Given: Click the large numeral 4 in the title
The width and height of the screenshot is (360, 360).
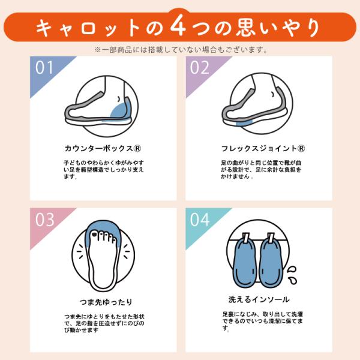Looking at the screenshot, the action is pyautogui.click(x=178, y=25).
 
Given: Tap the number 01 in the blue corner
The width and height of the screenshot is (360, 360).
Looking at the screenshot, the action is pyautogui.click(x=44, y=67).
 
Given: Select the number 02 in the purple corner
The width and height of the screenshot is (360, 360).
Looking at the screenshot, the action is pyautogui.click(x=200, y=67).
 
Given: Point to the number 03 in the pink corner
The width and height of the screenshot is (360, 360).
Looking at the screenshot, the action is pyautogui.click(x=45, y=220).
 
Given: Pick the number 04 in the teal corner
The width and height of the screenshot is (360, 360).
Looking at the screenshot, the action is pyautogui.click(x=200, y=220).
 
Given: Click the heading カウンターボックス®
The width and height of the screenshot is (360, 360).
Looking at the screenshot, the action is pyautogui.click(x=103, y=148).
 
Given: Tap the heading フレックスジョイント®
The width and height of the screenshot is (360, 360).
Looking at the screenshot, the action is pyautogui.click(x=263, y=148).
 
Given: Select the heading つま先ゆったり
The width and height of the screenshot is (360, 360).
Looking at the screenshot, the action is pyautogui.click(x=106, y=302).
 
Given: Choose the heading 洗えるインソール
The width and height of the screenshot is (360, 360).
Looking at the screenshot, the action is pyautogui.click(x=259, y=299).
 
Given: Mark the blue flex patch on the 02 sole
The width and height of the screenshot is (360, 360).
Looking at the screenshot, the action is pyautogui.click(x=244, y=123).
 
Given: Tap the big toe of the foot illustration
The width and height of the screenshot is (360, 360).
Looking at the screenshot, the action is pyautogui.click(x=94, y=234).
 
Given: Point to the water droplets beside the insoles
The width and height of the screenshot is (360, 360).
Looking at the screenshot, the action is pyautogui.click(x=293, y=275).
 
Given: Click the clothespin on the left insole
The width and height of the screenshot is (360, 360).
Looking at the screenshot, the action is pyautogui.click(x=245, y=238).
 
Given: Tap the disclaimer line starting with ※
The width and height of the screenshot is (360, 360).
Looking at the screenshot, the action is pyautogui.click(x=181, y=50).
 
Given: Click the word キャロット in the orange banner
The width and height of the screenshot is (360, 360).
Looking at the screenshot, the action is pyautogui.click(x=88, y=28).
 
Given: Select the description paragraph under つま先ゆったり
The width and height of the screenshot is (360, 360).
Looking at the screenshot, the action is pyautogui.click(x=104, y=323).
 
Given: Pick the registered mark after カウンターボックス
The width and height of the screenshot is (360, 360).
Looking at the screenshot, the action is pyautogui.click(x=137, y=148).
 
